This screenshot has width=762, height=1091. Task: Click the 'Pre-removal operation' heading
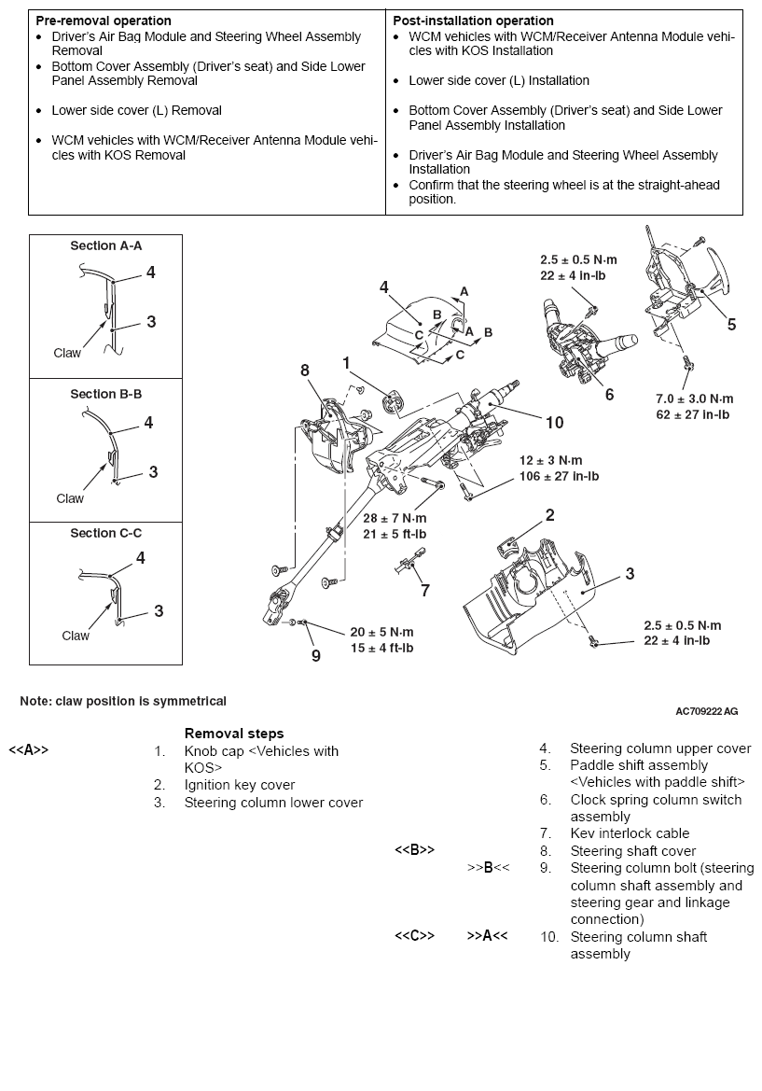tap(104, 21)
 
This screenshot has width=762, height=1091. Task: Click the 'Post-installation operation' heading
tap(473, 21)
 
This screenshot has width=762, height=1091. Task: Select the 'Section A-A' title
tap(105, 246)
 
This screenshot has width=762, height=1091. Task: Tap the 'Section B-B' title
tap(105, 394)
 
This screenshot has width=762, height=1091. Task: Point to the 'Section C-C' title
tap(105, 533)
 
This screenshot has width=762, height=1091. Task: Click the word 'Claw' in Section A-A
tap(67, 353)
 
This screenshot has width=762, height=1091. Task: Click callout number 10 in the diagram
tap(554, 423)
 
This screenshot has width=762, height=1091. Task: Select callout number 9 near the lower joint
tap(315, 655)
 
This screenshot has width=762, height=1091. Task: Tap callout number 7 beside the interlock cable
tap(425, 590)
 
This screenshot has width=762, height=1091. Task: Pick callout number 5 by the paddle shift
tap(731, 325)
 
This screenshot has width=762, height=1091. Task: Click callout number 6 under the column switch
tap(609, 395)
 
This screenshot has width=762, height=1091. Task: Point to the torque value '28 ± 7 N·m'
tap(395, 519)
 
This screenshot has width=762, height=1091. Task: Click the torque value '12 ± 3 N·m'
tap(551, 461)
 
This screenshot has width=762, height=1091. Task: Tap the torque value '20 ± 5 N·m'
tap(381, 632)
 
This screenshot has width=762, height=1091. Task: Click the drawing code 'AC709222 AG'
tap(706, 711)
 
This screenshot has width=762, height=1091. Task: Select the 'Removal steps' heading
tap(234, 734)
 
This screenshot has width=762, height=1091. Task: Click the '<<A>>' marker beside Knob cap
tap(28, 750)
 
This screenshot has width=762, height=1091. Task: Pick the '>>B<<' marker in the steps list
tap(488, 868)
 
